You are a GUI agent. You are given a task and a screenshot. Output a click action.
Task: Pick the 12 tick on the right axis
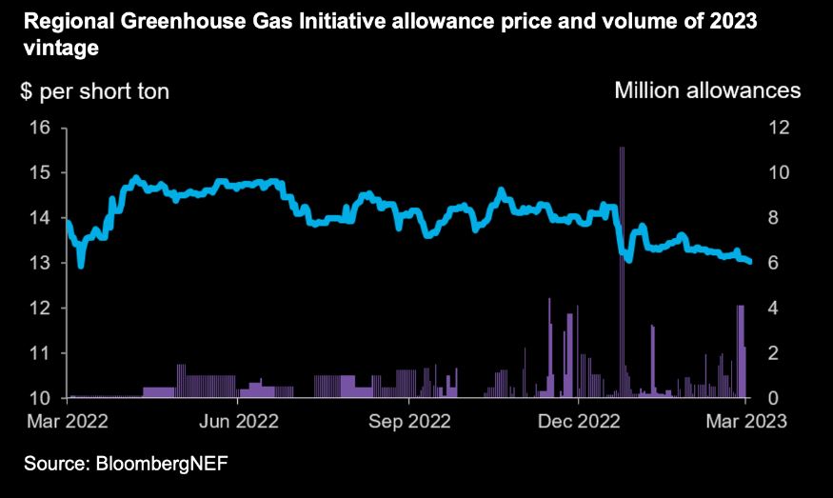click(x=780, y=128)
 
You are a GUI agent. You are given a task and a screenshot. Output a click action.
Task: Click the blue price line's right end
click(x=748, y=261)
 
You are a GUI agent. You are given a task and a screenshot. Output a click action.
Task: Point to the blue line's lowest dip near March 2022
click(x=81, y=266)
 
